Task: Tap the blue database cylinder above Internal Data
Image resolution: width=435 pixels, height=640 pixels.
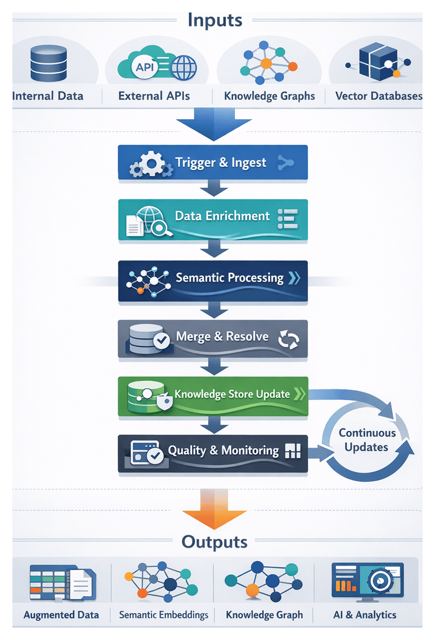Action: click(x=48, y=63)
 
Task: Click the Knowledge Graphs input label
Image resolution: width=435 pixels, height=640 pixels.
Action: click(x=269, y=96)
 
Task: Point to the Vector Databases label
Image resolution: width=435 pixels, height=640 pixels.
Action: click(x=378, y=96)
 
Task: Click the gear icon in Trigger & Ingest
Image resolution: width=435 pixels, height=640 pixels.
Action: click(x=151, y=164)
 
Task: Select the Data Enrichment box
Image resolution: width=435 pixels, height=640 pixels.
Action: click(x=213, y=220)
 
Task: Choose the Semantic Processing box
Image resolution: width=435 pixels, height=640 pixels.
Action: click(x=213, y=281)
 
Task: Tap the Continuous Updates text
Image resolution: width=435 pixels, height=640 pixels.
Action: click(x=367, y=440)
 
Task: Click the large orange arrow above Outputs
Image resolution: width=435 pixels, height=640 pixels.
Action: click(x=214, y=510)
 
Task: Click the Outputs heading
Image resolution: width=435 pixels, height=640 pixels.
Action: click(x=214, y=541)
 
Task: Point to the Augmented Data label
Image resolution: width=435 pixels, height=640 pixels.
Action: click(x=61, y=615)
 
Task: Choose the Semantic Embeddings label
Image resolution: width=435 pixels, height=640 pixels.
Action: click(x=164, y=615)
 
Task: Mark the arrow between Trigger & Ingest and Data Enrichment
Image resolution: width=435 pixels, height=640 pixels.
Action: click(x=213, y=189)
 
